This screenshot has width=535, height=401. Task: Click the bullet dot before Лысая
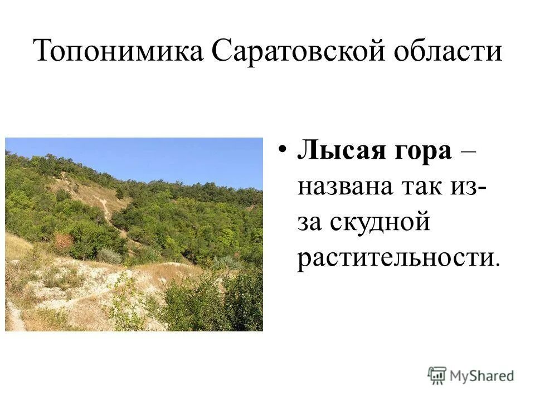pyautogui.click(x=283, y=151)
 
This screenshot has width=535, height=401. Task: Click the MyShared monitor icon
pyautogui.click(x=437, y=375)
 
